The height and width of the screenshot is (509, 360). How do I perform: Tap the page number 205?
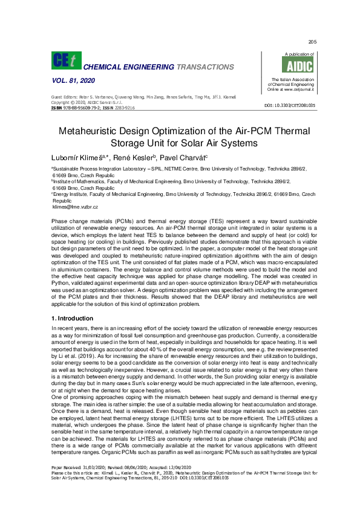click(312, 42)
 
